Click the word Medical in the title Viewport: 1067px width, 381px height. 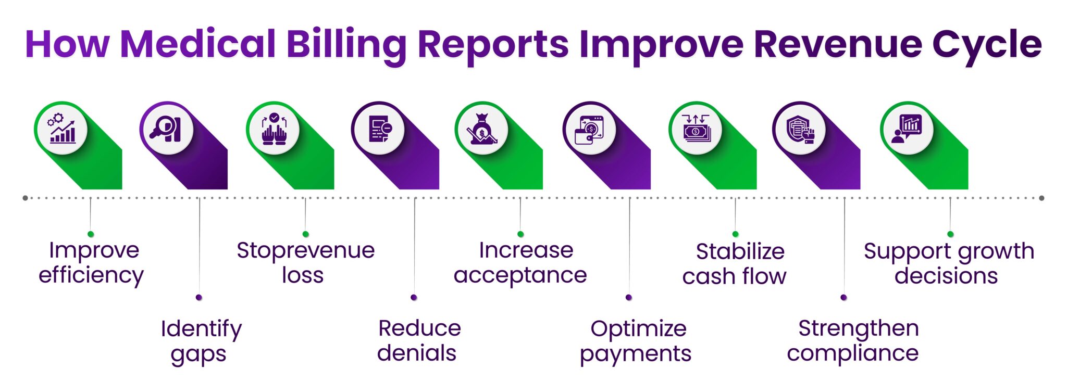pos(197,44)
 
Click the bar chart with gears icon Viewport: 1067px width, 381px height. pos(61,128)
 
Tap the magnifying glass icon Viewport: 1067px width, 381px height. pos(166,129)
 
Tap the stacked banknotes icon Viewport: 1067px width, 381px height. pos(696,129)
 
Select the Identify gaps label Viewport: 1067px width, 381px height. pos(201,341)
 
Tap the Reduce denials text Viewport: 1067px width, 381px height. pos(418,341)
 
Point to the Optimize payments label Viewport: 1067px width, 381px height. pos(636,341)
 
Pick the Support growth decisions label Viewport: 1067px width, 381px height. pos(948,263)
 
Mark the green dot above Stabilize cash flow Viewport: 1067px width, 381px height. pos(735,234)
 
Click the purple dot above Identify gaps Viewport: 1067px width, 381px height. pos(198,297)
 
